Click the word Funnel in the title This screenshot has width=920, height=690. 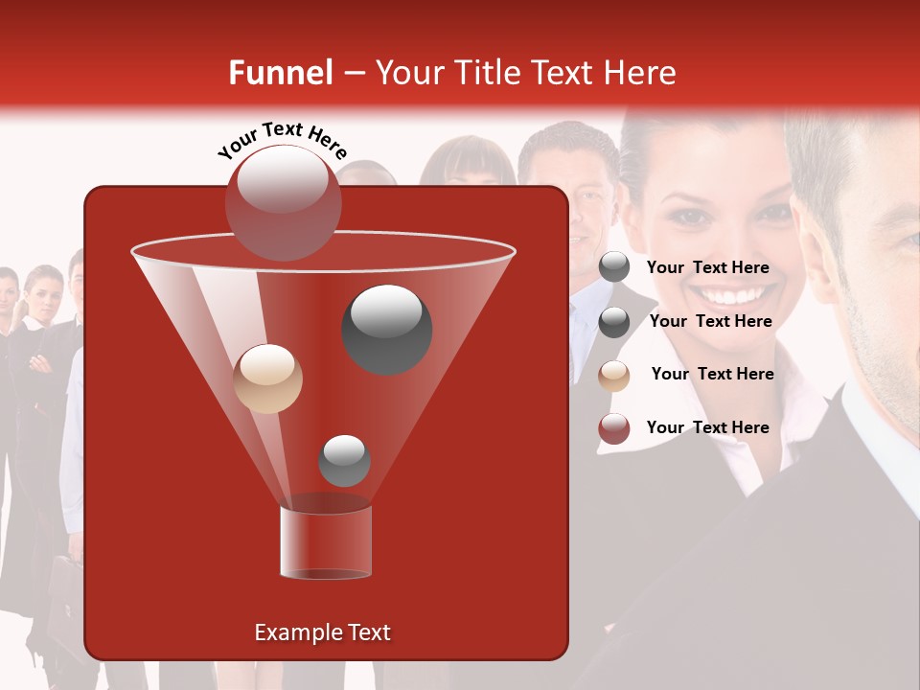pos(280,73)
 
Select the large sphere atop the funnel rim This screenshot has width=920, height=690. pos(283,203)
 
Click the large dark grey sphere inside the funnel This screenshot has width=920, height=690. pos(386,330)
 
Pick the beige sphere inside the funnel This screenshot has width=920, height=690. pos(267,379)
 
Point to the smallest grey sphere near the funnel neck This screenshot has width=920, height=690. pos(344,461)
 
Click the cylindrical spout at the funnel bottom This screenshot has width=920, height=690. pos(325,541)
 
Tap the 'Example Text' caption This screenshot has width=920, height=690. pos(322,632)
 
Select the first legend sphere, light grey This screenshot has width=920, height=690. pos(614,268)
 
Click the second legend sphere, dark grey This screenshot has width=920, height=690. pos(614,322)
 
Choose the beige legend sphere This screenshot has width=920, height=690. pos(614,376)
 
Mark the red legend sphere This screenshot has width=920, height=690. pos(614,428)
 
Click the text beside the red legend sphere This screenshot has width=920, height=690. pos(707,427)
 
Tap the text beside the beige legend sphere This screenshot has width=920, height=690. pos(712,374)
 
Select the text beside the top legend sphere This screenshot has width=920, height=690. pos(707,267)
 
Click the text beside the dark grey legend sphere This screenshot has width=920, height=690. pos(710,321)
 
